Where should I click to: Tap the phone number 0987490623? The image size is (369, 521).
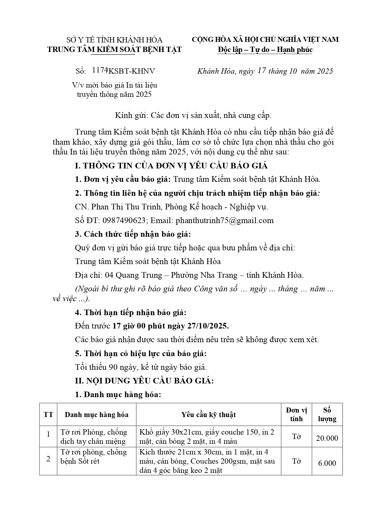click(x=124, y=220)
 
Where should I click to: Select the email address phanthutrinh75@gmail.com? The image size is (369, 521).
click(x=224, y=220)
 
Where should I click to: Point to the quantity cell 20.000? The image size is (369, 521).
click(x=327, y=438)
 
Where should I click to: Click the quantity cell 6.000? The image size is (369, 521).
click(x=327, y=463)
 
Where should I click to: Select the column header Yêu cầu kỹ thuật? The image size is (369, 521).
click(x=208, y=415)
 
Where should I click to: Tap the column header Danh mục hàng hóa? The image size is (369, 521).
click(x=97, y=415)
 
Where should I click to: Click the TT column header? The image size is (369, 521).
click(x=48, y=415)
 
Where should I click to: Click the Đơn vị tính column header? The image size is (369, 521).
click(x=296, y=415)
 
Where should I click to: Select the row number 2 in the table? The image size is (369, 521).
click(x=48, y=459)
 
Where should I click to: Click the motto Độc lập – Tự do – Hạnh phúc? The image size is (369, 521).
click(x=265, y=50)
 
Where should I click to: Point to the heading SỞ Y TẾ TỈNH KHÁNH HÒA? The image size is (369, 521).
click(x=114, y=40)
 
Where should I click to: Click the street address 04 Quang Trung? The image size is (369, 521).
click(x=133, y=275)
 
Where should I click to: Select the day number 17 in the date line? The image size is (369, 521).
click(x=262, y=71)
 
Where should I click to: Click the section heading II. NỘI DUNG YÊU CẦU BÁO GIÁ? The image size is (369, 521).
click(x=144, y=381)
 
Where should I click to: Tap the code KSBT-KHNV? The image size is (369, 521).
click(x=131, y=71)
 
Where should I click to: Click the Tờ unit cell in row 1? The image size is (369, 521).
click(x=296, y=437)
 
